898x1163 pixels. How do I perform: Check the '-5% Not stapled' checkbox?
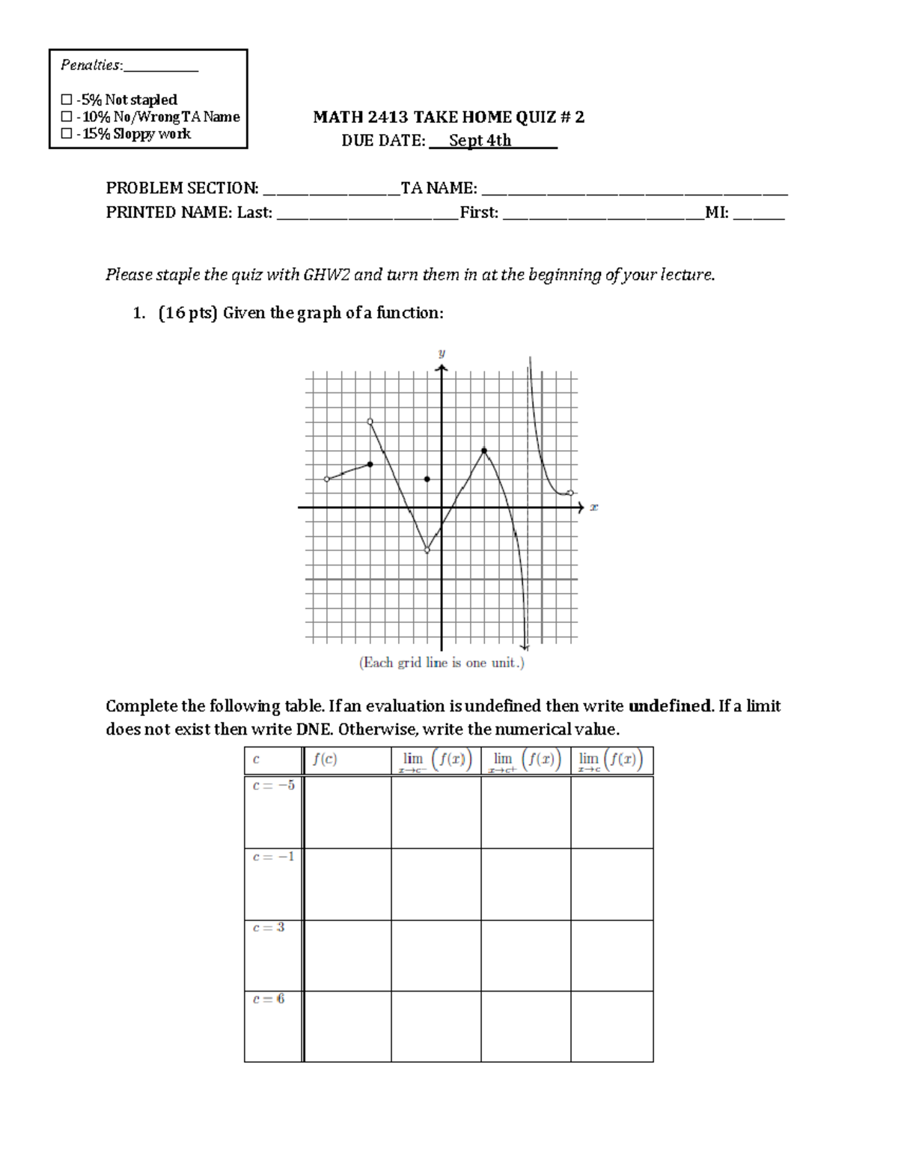click(x=67, y=100)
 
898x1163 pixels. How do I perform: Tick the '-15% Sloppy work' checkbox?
click(x=67, y=134)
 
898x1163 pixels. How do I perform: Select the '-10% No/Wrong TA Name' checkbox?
click(x=67, y=117)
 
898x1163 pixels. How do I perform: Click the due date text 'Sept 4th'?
click(x=480, y=141)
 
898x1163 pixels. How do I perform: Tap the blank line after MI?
click(x=759, y=213)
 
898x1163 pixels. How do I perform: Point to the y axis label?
click(x=442, y=352)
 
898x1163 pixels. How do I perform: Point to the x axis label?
click(x=594, y=507)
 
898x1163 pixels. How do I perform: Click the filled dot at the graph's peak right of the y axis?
click(x=484, y=451)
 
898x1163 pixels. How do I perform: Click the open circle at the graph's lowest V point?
click(x=427, y=550)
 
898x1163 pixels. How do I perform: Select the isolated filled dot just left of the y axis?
click(x=427, y=479)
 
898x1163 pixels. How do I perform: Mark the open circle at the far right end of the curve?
click(x=571, y=493)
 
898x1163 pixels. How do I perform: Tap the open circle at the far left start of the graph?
click(x=327, y=479)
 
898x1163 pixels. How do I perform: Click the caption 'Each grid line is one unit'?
click(x=442, y=663)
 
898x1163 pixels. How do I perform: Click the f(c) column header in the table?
click(x=325, y=759)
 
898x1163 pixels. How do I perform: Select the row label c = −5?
click(x=274, y=786)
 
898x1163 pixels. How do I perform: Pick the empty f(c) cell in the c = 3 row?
click(x=347, y=956)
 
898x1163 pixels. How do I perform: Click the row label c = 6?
click(x=269, y=999)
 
